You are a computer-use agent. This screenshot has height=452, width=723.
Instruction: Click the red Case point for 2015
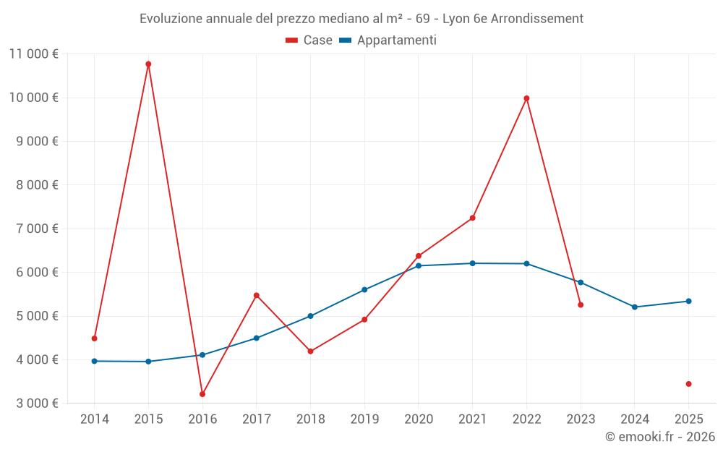click(148, 64)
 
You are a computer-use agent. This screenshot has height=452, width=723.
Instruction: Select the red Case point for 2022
click(526, 98)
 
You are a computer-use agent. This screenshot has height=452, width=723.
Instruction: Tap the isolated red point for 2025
click(688, 384)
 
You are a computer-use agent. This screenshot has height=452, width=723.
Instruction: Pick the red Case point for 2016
click(202, 394)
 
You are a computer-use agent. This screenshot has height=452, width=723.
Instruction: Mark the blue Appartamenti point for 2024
click(635, 307)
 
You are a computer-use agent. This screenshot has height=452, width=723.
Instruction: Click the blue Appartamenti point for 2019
click(364, 290)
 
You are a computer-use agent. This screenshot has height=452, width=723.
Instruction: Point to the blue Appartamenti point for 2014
click(95, 361)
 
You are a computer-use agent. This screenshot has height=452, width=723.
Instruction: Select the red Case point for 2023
click(581, 305)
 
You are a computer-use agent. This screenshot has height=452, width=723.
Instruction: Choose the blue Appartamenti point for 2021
click(473, 263)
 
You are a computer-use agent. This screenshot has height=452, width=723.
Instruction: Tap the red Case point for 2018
click(310, 351)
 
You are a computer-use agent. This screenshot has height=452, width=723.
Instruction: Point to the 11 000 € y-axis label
click(34, 54)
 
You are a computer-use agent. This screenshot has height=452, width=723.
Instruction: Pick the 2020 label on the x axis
click(419, 419)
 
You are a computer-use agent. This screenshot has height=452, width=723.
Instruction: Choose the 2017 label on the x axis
click(256, 419)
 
